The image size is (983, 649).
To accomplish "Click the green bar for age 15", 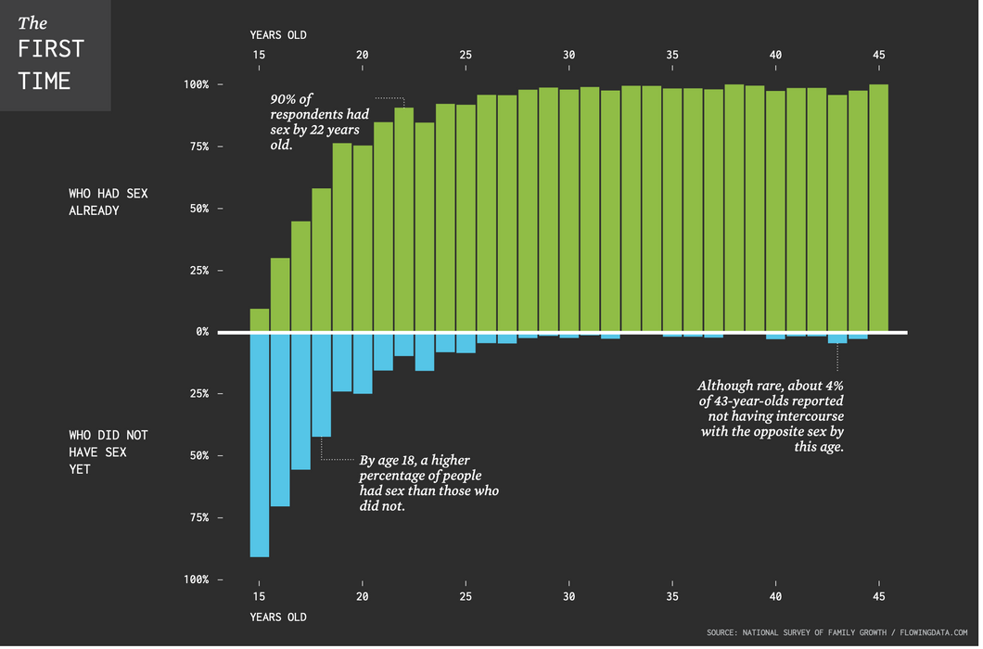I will [x=260, y=320].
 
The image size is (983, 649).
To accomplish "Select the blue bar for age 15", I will [x=260, y=445].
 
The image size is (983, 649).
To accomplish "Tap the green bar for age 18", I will [x=322, y=260].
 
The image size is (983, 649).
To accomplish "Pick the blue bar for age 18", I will [x=322, y=385].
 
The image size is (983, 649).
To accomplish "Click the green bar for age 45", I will [x=879, y=209].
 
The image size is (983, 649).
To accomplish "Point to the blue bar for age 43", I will [x=837, y=338].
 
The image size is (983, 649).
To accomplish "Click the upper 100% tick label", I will [x=196, y=85].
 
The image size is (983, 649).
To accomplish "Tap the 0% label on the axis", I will [x=201, y=332].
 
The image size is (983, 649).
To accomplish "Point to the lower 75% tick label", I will [x=199, y=518].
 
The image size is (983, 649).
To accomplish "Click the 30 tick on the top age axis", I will [x=569, y=55].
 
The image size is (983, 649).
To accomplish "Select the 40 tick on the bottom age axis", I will [x=776, y=596].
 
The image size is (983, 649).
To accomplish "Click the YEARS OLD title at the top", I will [x=277, y=35].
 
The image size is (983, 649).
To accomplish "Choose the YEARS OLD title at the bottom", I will [x=277, y=617].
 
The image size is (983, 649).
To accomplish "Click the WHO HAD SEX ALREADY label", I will [x=108, y=202].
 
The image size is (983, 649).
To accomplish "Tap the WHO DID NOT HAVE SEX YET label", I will [x=108, y=452].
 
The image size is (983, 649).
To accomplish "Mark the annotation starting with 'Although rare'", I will [x=772, y=415].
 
